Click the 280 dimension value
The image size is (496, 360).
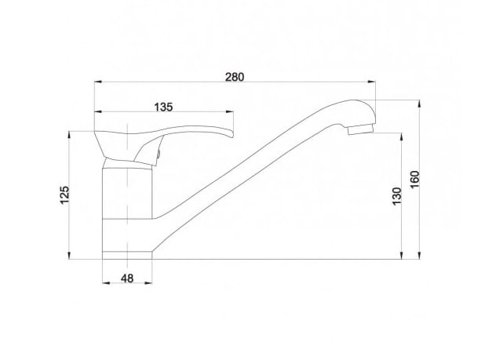point(235,77)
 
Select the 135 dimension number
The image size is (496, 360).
point(163,107)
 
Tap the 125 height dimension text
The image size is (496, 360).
point(64,195)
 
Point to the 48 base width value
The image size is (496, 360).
point(127,278)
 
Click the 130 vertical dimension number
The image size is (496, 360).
point(396,196)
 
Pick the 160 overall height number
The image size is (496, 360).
point(414,179)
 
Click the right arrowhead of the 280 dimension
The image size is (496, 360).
point(372,82)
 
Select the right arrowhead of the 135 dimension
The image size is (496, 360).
point(229,111)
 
